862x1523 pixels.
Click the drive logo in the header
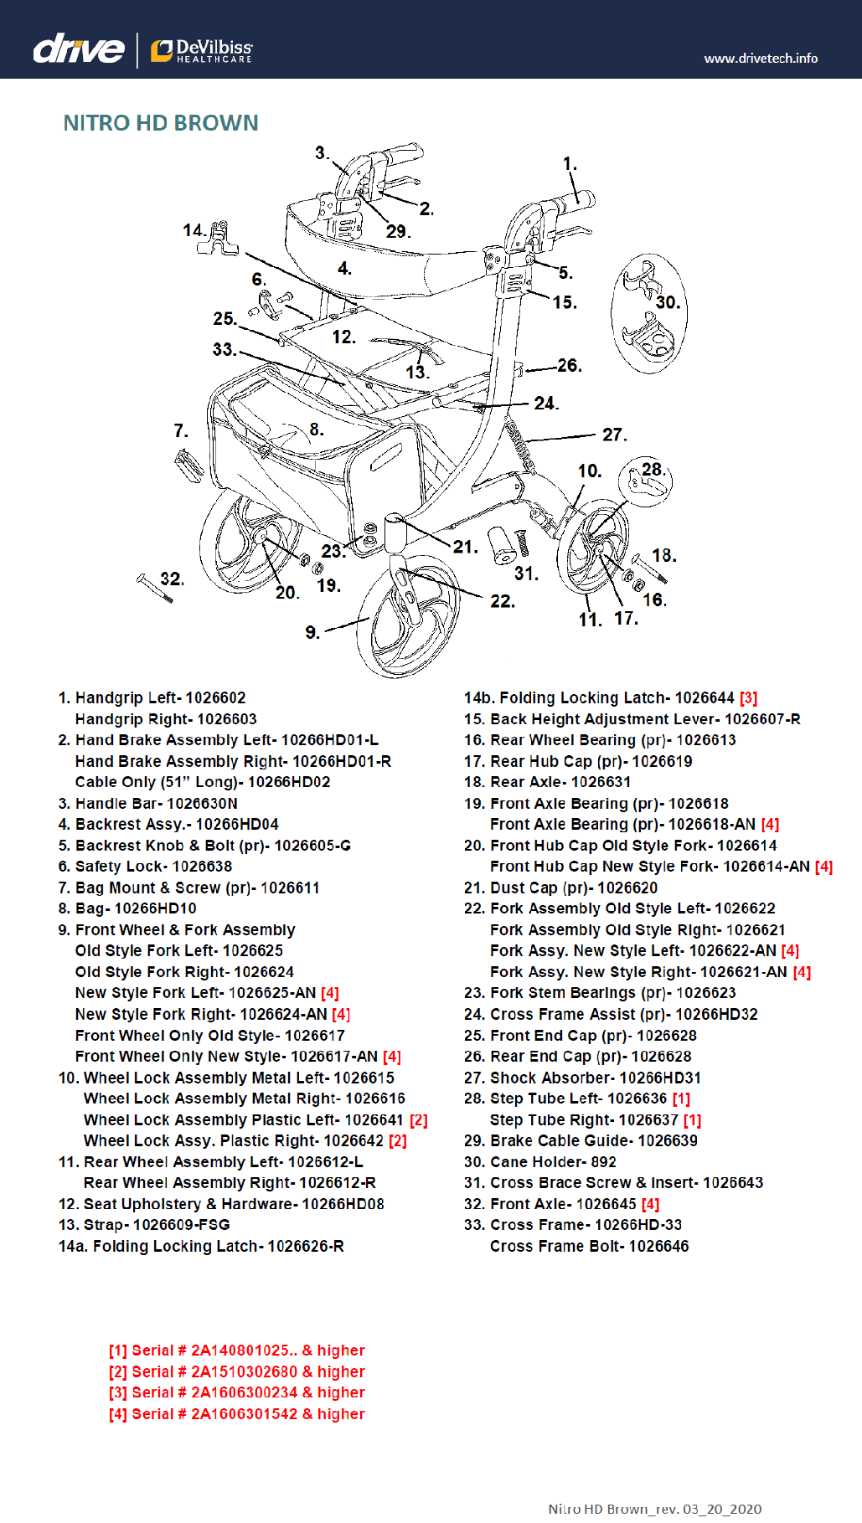[x=78, y=49]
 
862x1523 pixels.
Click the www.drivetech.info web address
[x=760, y=59]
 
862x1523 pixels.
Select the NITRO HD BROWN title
[x=161, y=123]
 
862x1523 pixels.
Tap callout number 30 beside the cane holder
[x=667, y=302]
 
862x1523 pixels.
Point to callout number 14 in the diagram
[x=194, y=230]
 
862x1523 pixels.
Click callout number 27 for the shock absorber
[x=613, y=435]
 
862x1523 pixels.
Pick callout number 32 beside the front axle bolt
[x=171, y=579]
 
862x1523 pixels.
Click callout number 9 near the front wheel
[x=312, y=632]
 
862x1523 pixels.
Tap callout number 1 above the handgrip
[x=570, y=164]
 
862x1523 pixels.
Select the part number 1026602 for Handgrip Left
[x=215, y=698]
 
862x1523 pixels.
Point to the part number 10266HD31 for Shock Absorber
[x=660, y=1078]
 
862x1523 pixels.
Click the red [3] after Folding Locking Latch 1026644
[x=748, y=698]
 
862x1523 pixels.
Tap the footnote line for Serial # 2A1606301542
[x=236, y=1414]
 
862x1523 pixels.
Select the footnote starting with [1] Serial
[x=236, y=1351]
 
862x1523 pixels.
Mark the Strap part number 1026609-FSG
[x=181, y=1225]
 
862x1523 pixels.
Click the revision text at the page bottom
[x=654, y=1509]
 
